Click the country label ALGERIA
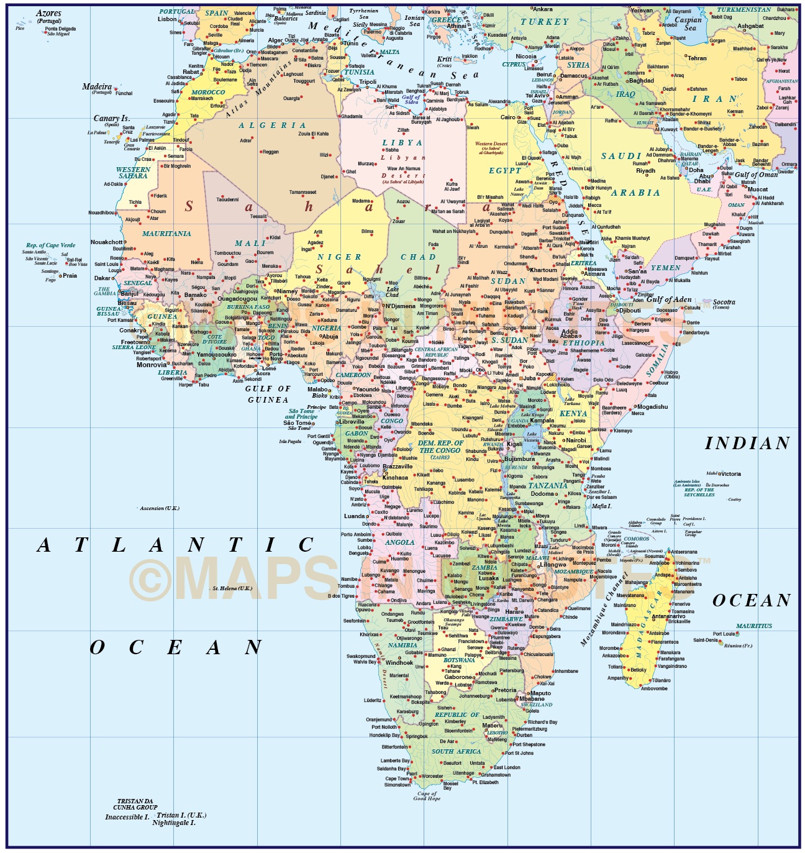pyautogui.click(x=272, y=125)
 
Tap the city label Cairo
pyautogui.click(x=508, y=117)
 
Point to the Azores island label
pyautogui.click(x=48, y=13)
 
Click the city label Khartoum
pyautogui.click(x=543, y=270)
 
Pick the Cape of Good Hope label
pyautogui.click(x=427, y=796)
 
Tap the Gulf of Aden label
pyautogui.click(x=669, y=299)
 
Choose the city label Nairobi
pyautogui.click(x=576, y=440)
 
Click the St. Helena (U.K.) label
pyautogui.click(x=232, y=588)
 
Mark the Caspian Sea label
pyautogui.click(x=688, y=24)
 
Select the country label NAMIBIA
pyautogui.click(x=402, y=645)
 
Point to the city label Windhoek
pyautogui.click(x=399, y=662)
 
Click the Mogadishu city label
pyautogui.click(x=652, y=407)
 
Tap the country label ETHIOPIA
pyautogui.click(x=583, y=343)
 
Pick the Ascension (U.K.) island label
pyautogui.click(x=160, y=508)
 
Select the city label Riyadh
pyautogui.click(x=645, y=171)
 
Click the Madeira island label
pyautogui.click(x=97, y=87)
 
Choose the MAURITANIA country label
pyautogui.click(x=166, y=234)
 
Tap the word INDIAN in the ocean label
pyautogui.click(x=747, y=443)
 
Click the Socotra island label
pyautogui.click(x=724, y=302)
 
